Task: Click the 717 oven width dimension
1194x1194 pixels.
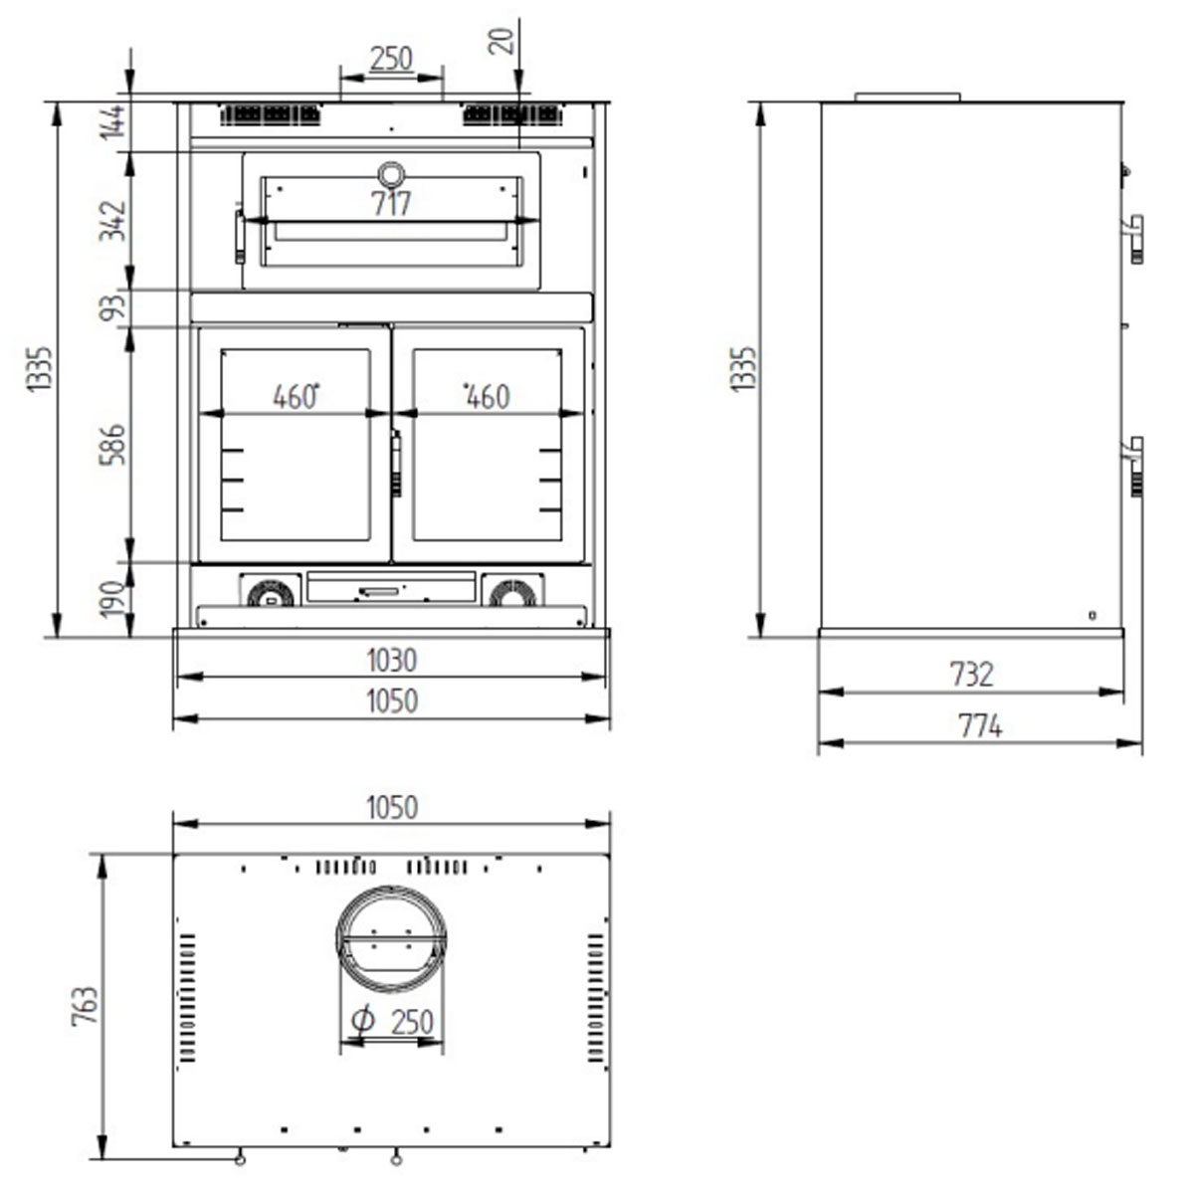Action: [x=391, y=204]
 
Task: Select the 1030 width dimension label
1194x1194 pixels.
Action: [x=391, y=661]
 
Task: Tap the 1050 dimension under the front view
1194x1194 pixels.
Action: [x=391, y=701]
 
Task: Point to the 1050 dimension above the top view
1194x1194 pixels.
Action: [x=391, y=808]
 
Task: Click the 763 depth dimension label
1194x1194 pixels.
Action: [x=86, y=1006]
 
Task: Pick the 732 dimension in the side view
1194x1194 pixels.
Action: [x=971, y=675]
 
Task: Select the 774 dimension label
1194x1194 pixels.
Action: [x=980, y=726]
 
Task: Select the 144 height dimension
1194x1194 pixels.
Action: [x=112, y=122]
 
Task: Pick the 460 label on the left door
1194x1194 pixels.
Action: [x=294, y=397]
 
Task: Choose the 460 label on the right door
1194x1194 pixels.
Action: [x=488, y=397]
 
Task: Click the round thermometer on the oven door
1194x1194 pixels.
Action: [x=391, y=173]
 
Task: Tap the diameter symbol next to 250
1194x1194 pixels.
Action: [x=363, y=1019]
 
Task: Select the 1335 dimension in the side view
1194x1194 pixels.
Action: [x=743, y=369]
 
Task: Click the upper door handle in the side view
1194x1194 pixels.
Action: [x=1134, y=237]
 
